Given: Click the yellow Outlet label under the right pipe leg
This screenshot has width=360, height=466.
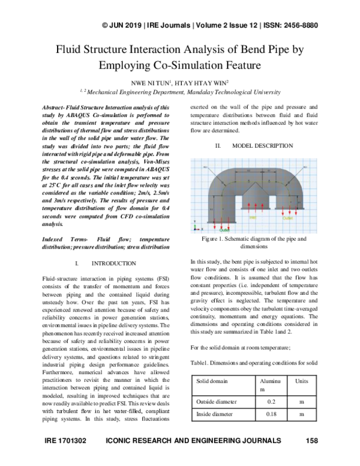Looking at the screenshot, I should [289, 217].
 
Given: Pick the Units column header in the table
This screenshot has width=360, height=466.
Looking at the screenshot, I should [301, 382].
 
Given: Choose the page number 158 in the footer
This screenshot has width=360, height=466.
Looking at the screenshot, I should [311, 441].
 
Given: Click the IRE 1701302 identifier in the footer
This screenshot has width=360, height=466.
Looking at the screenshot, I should [67, 441].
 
